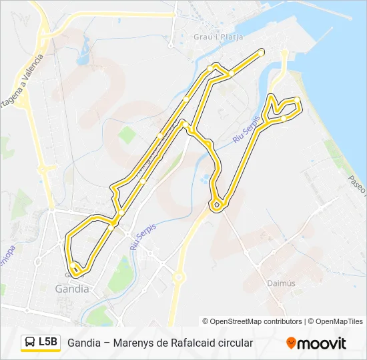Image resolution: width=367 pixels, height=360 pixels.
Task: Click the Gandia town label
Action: pos(71,289)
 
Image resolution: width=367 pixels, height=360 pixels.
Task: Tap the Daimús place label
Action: pos(277,283)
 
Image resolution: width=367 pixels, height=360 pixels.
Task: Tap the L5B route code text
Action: pos(48,342)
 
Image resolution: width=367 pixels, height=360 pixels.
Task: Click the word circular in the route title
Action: pos(233,343)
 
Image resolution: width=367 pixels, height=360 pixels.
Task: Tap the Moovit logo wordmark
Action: pos(322,343)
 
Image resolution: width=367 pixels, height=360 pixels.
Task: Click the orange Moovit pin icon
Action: pos(291,343)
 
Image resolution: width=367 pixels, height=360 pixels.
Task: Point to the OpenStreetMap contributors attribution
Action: pos(252,321)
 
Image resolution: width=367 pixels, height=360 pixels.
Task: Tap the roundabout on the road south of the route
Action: pos(178,277)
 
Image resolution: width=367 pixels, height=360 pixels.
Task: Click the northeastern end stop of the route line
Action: pos(262,52)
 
